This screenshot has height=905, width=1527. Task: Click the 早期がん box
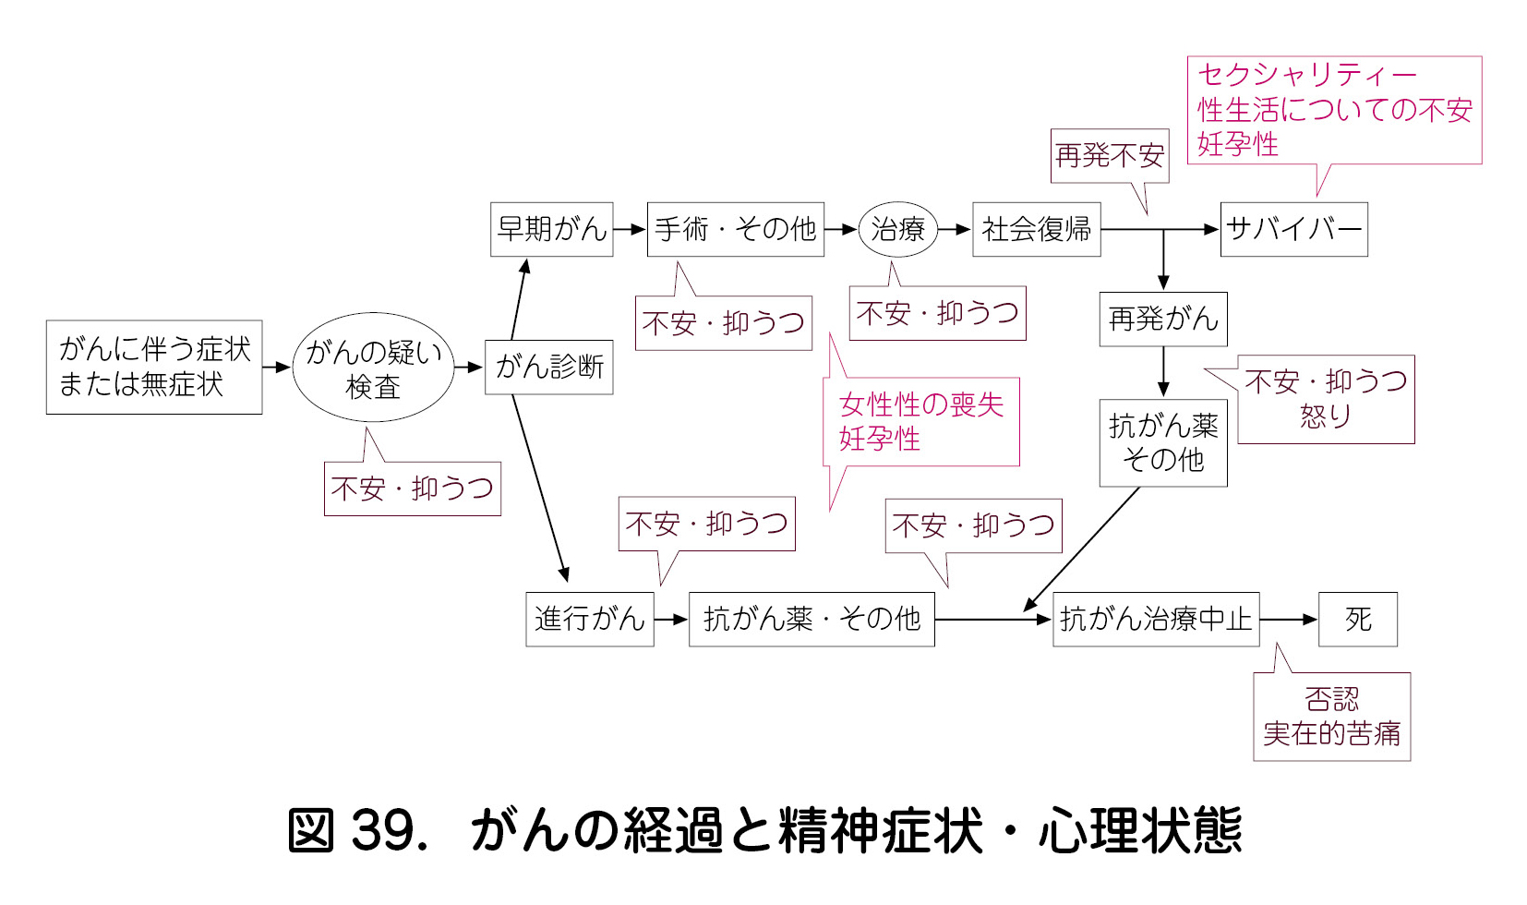tap(551, 229)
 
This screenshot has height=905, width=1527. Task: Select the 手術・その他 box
tap(735, 229)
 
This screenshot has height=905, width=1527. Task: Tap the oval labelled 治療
tap(897, 229)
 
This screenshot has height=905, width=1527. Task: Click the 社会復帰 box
tap(1036, 229)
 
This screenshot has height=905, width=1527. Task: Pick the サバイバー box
tap(1293, 229)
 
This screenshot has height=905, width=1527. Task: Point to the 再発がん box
tap(1162, 320)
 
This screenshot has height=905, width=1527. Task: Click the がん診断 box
tap(549, 368)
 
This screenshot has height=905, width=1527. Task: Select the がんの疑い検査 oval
tap(373, 368)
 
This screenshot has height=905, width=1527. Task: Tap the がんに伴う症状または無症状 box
tap(154, 368)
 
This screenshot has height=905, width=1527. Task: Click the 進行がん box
tap(589, 619)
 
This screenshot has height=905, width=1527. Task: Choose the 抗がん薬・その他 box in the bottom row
tap(811, 619)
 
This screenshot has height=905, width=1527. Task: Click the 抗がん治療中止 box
tap(1155, 619)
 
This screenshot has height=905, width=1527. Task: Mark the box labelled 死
tap(1357, 619)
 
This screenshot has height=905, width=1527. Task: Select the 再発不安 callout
tap(1110, 156)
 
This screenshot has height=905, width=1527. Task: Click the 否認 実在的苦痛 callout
tap(1331, 717)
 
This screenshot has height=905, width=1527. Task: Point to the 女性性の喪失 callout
tap(921, 421)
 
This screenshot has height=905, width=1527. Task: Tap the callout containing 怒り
tap(1325, 399)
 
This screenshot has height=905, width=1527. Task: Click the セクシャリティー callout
tap(1333, 110)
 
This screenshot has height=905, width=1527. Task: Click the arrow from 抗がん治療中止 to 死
tap(1289, 620)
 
